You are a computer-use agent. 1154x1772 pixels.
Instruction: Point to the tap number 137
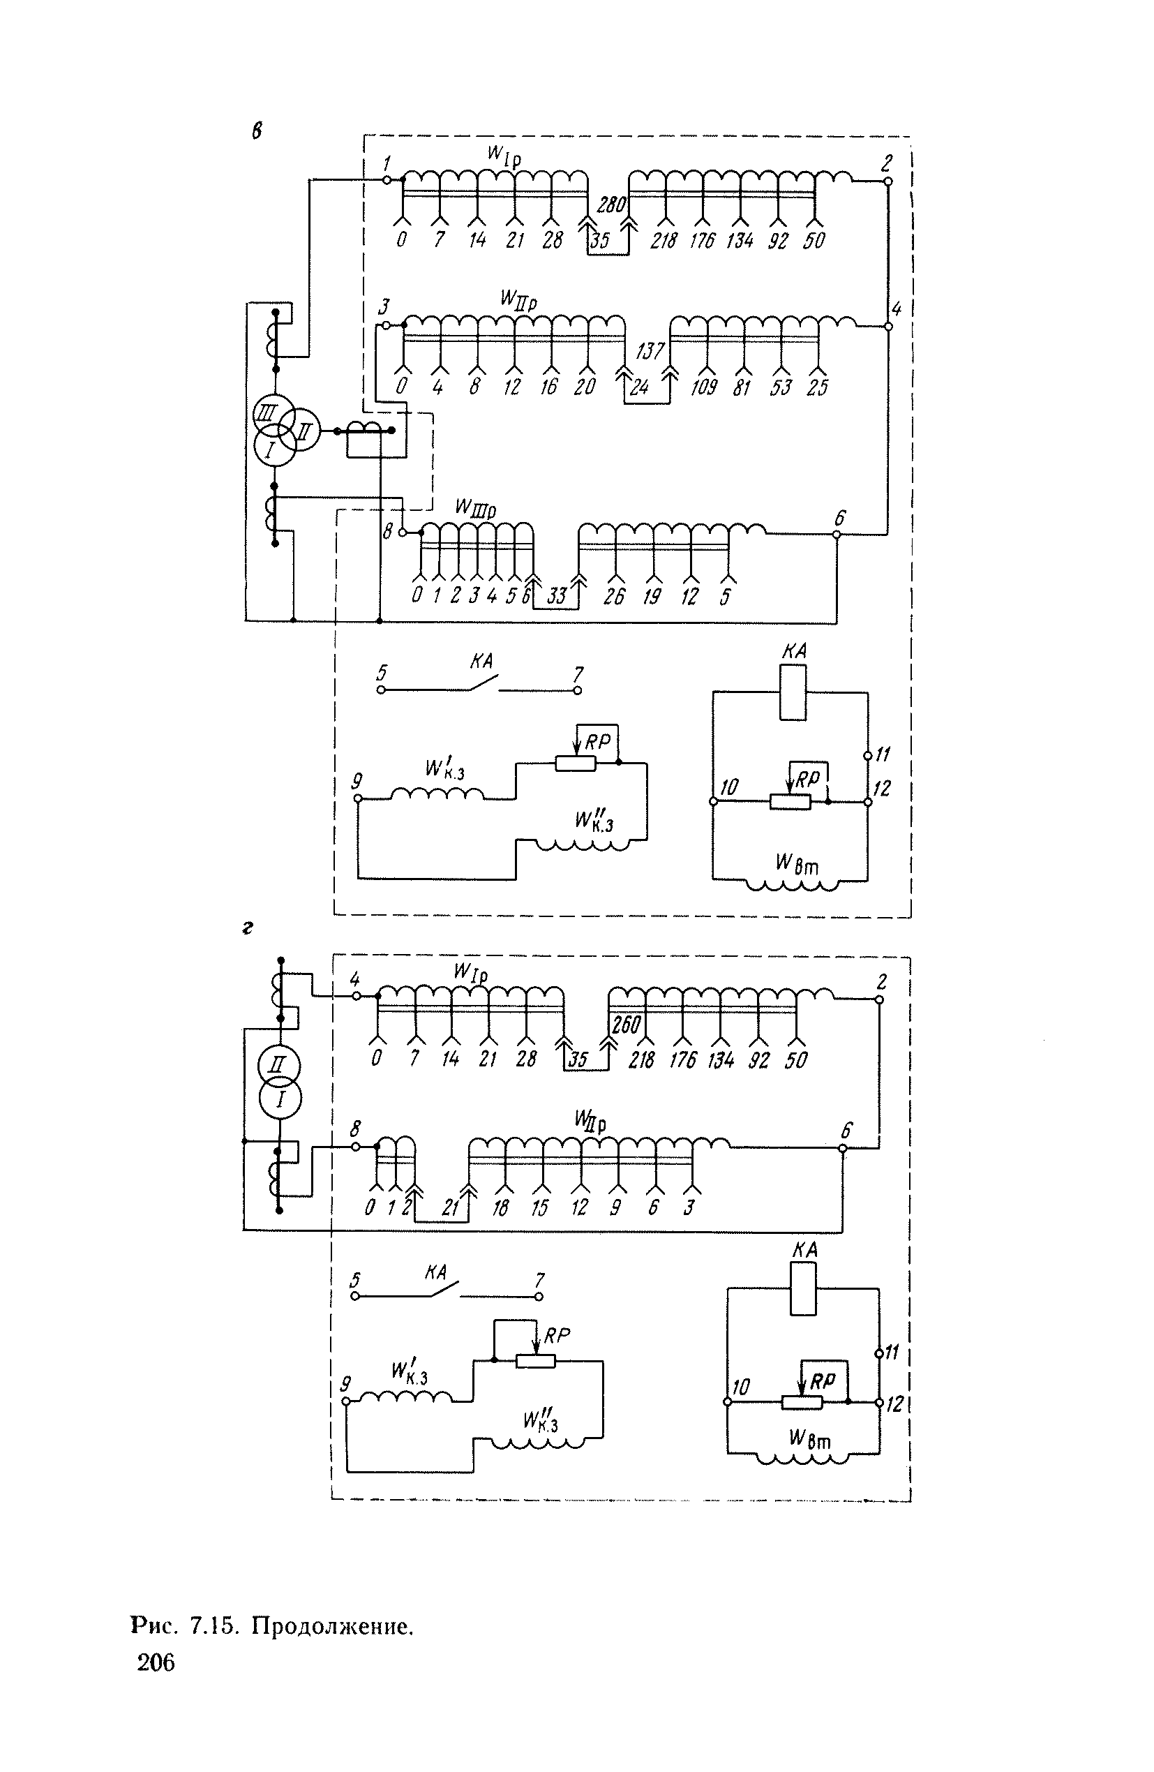click(650, 350)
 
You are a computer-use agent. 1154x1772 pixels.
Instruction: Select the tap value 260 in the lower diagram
click(625, 1025)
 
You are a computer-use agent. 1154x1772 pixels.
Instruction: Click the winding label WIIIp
click(475, 509)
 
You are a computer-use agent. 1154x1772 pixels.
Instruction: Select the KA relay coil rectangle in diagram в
click(793, 692)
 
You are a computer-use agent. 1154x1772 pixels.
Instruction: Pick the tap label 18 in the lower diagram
click(500, 1207)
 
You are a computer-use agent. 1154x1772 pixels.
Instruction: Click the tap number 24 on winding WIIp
click(639, 387)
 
